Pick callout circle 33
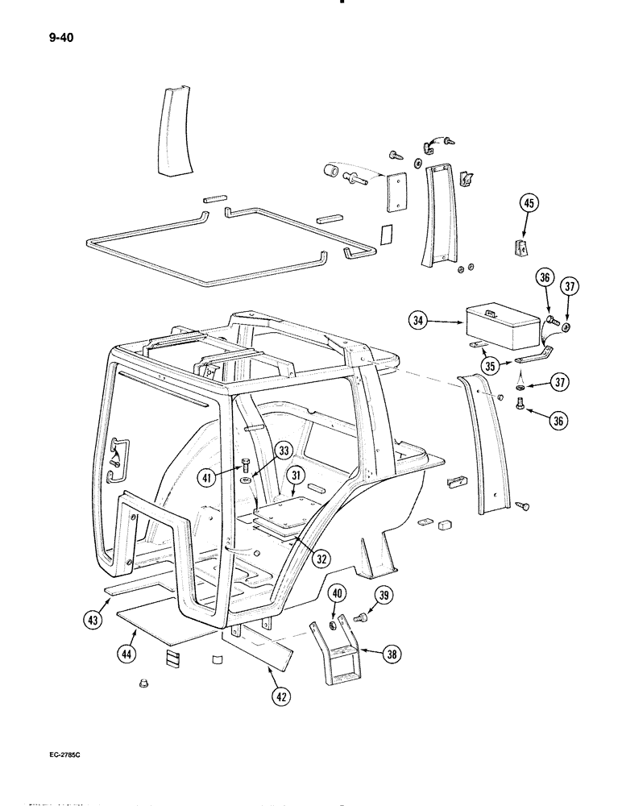(283, 451)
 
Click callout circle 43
(94, 619)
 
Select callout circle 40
(338, 595)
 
